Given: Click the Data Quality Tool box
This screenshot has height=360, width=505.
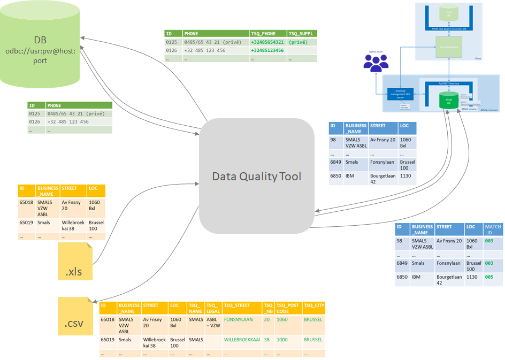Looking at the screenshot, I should tap(256, 176).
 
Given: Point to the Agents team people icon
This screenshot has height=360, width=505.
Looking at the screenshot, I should tap(376, 63).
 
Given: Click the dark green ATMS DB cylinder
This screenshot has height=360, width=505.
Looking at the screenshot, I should tap(449, 100).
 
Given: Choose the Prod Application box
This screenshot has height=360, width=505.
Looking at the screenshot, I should tap(449, 47).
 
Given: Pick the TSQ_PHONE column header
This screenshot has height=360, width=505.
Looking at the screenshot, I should tap(267, 33).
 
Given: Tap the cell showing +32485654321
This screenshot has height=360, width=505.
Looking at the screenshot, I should tap(267, 42).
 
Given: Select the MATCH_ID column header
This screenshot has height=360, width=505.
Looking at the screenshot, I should tap(493, 229).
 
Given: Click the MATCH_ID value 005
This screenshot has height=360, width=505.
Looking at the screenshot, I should tap(488, 278).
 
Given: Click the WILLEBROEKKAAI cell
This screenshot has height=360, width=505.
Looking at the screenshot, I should tap(242, 340).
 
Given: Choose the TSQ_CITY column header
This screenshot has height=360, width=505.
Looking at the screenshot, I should tap(314, 305).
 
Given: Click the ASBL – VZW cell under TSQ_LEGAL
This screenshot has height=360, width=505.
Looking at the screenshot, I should tap(213, 323).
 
